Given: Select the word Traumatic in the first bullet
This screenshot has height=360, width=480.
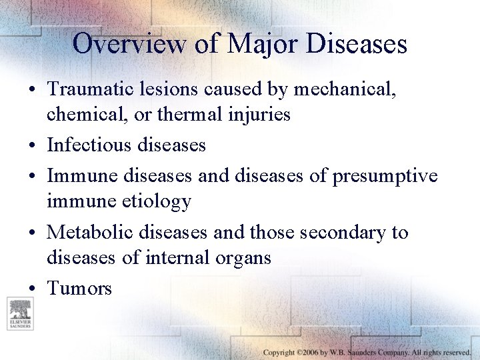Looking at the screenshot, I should click(93, 89).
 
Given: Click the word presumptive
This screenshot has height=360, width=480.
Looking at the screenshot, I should click(384, 175).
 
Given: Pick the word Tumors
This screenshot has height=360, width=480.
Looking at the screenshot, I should click(79, 288).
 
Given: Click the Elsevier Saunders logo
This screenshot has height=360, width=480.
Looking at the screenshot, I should click(19, 313).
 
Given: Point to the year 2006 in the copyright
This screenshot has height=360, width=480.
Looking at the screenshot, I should click(309, 351).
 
